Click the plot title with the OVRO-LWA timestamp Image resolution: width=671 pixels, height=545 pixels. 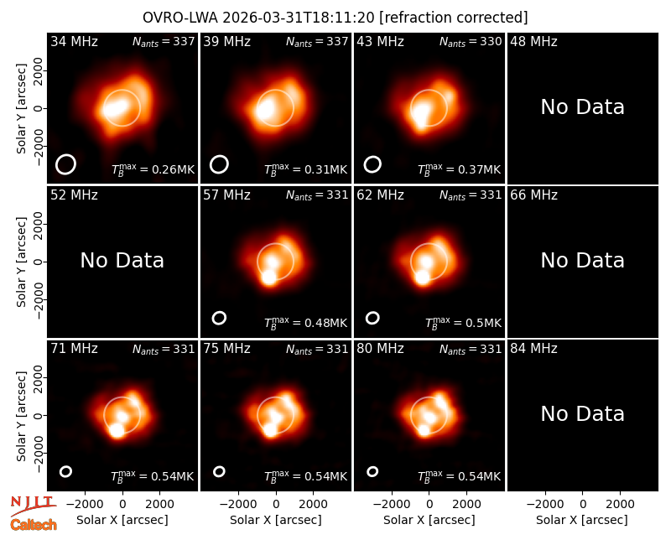[x=335, y=18]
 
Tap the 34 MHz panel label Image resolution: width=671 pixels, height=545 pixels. [x=74, y=41]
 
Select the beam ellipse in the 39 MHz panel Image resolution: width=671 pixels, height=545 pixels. [x=219, y=164]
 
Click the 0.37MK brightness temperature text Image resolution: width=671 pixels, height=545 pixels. [x=459, y=169]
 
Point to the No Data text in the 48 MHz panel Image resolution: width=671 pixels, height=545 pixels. [x=582, y=107]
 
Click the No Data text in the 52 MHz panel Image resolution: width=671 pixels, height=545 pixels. [x=122, y=261]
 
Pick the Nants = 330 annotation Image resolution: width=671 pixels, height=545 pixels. [x=471, y=41]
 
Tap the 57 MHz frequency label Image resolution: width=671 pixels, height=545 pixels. [x=226, y=195]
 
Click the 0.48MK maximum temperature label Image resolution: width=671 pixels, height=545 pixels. [x=305, y=323]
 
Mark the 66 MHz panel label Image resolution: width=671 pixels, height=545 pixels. [x=533, y=195]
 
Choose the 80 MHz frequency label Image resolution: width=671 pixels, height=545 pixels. [x=381, y=349]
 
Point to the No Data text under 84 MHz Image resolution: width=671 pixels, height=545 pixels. [x=582, y=414]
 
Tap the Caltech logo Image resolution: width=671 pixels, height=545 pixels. [x=34, y=525]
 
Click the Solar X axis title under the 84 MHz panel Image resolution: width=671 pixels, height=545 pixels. [x=582, y=520]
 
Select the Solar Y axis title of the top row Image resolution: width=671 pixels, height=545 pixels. [x=22, y=109]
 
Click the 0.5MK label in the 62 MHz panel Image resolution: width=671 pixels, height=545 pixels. [x=463, y=323]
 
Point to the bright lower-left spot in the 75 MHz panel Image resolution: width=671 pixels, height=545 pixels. [x=270, y=429]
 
